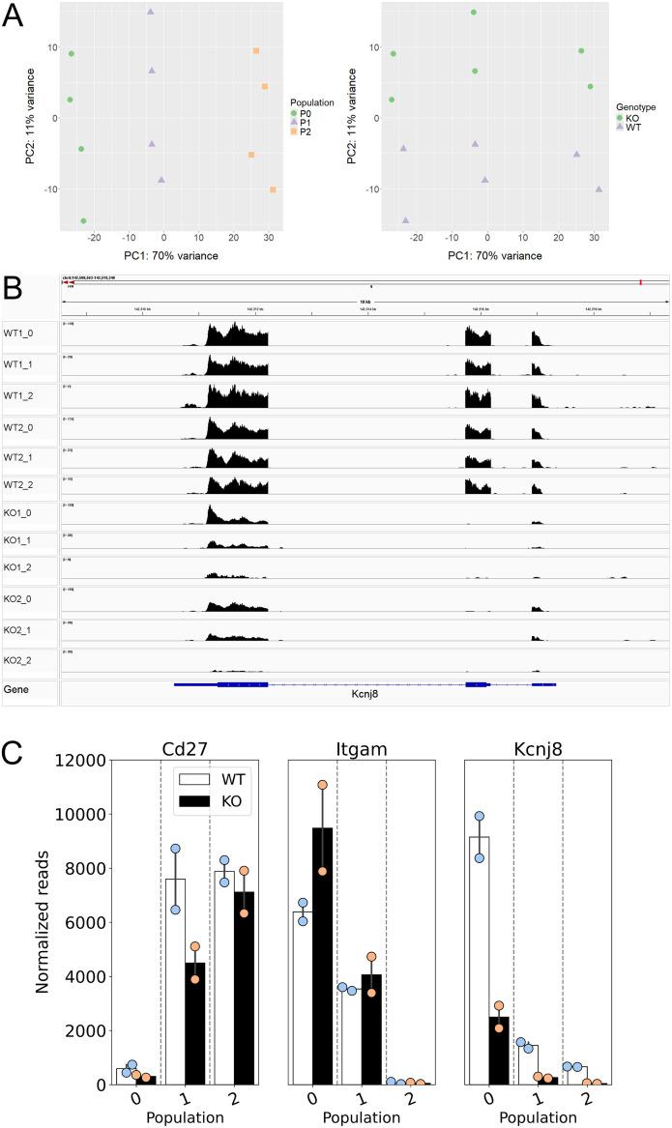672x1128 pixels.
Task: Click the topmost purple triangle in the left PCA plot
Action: [x=151, y=12]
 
